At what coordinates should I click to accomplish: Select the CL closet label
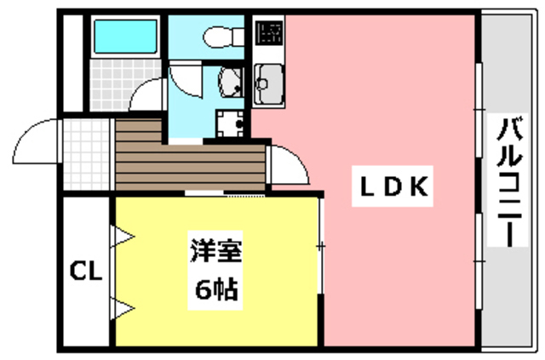click(85, 272)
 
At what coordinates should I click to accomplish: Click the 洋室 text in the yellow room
click(216, 253)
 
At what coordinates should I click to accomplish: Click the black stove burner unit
click(270, 33)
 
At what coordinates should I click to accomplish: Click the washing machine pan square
click(228, 124)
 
